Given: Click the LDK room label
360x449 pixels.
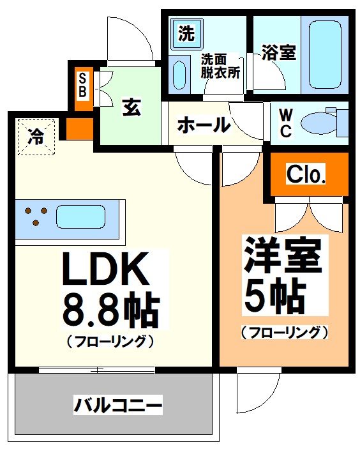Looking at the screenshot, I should (x=106, y=271).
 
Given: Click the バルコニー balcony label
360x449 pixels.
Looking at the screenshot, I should (x=117, y=404).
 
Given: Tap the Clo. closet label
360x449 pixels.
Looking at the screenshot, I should (x=307, y=174).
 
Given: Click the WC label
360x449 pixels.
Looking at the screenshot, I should (x=286, y=124).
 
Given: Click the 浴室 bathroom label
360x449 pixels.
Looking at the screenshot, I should (x=279, y=53).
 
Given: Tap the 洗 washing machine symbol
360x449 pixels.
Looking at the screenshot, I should (x=186, y=34).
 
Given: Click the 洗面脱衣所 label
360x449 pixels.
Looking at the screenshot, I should (x=220, y=66).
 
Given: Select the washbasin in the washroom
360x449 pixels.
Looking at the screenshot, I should (x=179, y=74).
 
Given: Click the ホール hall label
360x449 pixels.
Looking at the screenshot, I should (x=203, y=125).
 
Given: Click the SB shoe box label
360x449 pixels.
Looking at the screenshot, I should (x=83, y=85).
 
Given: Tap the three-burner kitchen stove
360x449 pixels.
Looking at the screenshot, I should (x=34, y=215).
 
